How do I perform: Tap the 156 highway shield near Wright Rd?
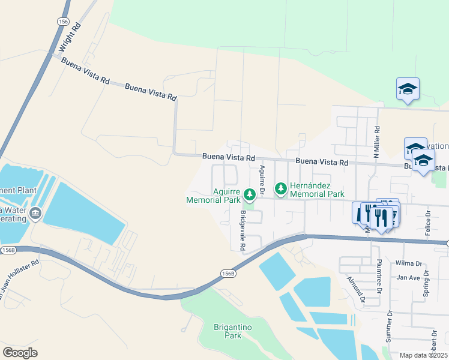63,21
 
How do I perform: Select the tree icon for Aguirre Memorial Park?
250,194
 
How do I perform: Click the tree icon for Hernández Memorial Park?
280,189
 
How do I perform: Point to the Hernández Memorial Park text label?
317,190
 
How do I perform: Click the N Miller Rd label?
376,142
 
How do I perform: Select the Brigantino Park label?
228,331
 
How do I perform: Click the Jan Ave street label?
408,278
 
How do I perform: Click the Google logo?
20,353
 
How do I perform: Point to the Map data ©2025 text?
424,355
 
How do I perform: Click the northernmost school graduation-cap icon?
408,89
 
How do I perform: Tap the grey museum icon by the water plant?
35,213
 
